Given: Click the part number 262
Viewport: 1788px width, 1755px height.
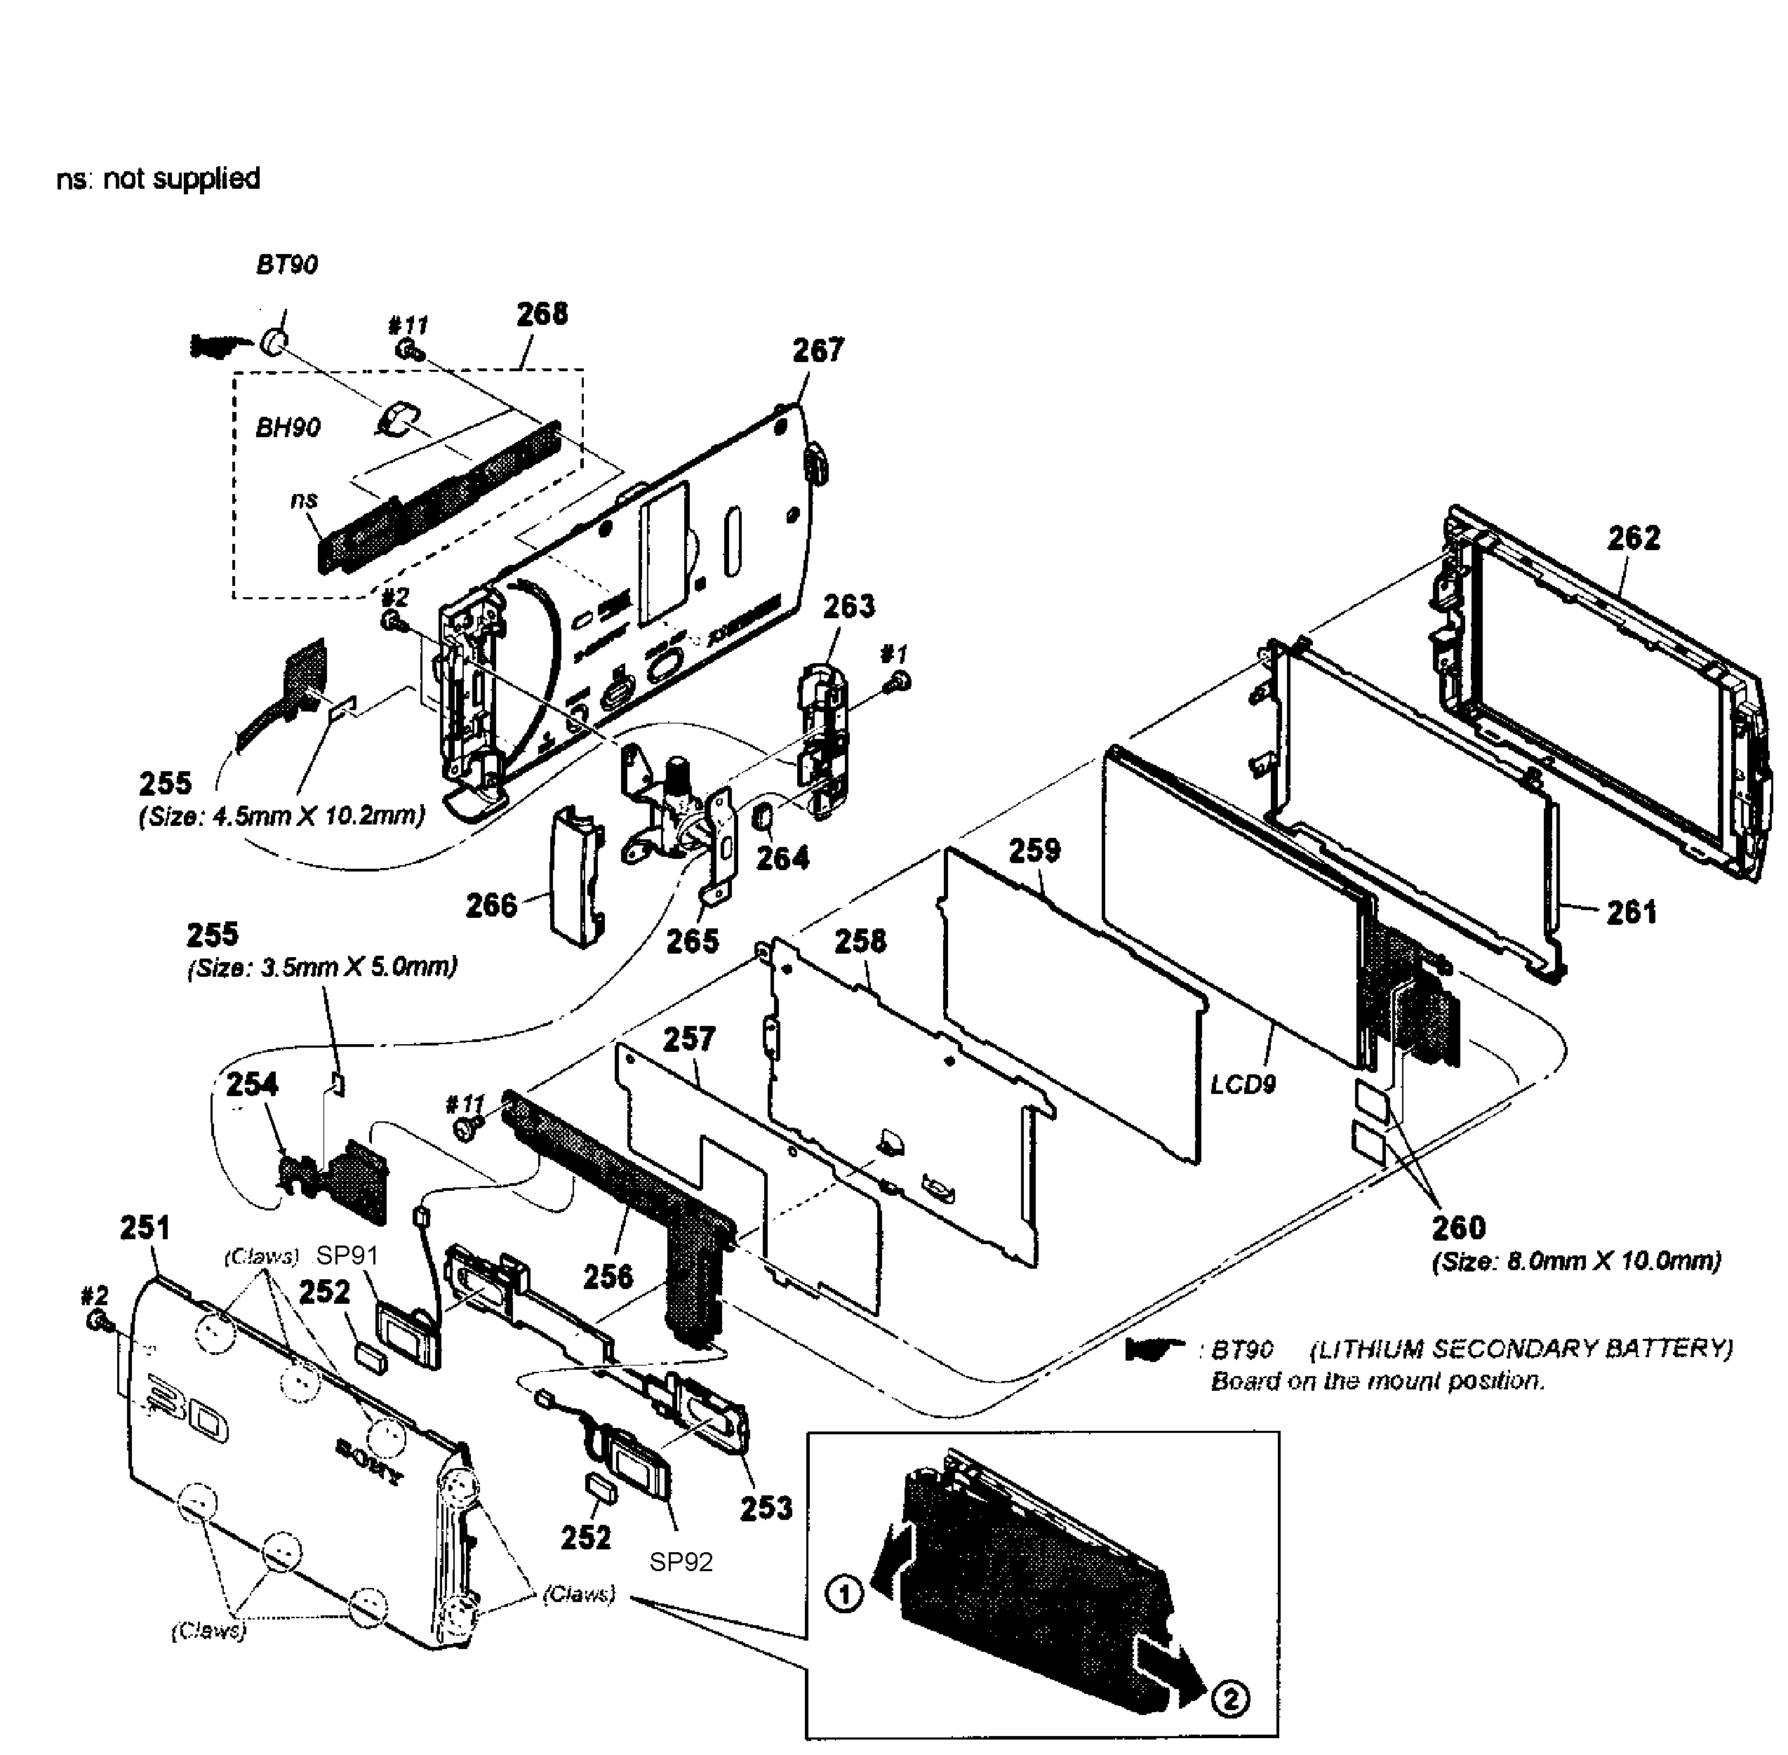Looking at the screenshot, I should [x=1633, y=538].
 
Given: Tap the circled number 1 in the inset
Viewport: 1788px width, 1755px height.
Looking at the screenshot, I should [x=845, y=1594].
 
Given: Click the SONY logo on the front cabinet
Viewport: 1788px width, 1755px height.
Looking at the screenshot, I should [x=368, y=1461].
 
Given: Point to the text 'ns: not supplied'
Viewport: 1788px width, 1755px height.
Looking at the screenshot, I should [x=159, y=178].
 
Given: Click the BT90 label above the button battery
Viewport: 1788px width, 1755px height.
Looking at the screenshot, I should [x=286, y=265].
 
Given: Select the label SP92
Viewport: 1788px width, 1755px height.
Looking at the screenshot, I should [x=681, y=1561].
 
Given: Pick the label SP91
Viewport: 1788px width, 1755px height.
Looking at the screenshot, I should [x=347, y=1255].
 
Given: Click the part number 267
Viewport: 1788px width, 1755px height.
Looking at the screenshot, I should [x=818, y=350].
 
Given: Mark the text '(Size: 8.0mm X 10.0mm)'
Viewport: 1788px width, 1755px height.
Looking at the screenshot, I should [x=1576, y=1260].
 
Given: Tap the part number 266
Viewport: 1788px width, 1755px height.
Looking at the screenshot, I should [x=491, y=905].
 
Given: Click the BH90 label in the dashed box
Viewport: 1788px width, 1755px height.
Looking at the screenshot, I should [x=288, y=427].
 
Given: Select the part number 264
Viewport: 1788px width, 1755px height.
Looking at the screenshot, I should [x=782, y=858].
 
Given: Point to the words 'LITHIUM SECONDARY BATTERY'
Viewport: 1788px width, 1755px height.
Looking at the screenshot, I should [x=1521, y=1349].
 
